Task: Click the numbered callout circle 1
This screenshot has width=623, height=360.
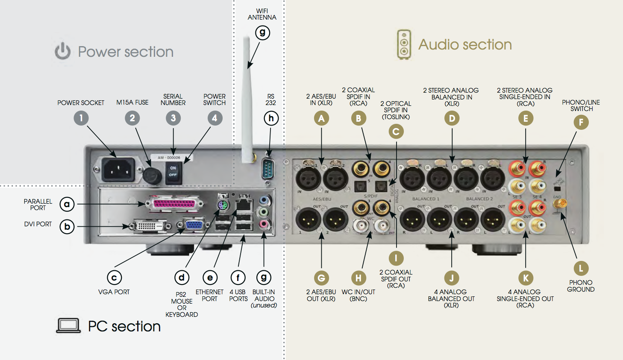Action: click(81, 118)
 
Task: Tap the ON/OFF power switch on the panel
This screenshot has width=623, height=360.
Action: click(173, 171)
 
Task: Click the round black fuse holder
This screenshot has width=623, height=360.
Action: click(152, 175)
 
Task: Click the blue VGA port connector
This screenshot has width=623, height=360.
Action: click(194, 224)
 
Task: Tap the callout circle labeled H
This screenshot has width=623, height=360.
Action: click(359, 278)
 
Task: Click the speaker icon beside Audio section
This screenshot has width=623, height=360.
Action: click(404, 44)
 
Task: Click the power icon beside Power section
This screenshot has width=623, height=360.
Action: click(62, 51)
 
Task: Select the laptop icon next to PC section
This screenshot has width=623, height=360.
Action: click(68, 326)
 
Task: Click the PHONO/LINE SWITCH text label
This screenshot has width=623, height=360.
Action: click(581, 105)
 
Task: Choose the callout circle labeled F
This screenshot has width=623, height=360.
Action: click(581, 123)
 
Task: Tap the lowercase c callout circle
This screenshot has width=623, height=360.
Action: click(114, 278)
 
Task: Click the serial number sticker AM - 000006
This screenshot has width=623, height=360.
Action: click(169, 158)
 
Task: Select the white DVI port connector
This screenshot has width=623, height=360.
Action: click(147, 226)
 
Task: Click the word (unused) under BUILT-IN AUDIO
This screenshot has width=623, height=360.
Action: click(264, 305)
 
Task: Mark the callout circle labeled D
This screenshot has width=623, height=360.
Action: click(452, 118)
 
